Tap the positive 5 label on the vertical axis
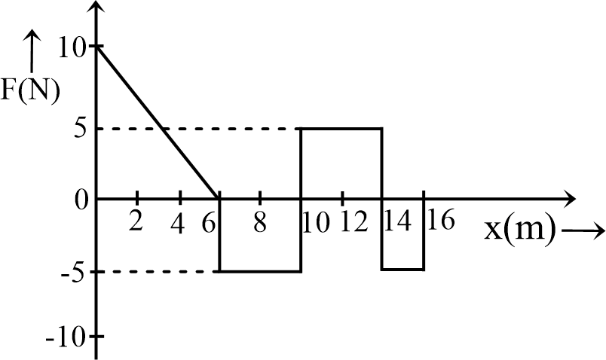coord(81,129)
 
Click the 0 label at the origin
coord(81,200)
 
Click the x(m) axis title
coord(519,230)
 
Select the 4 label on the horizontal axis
coord(178,224)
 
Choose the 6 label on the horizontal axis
coord(208,224)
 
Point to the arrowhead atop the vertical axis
coord(97,7)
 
